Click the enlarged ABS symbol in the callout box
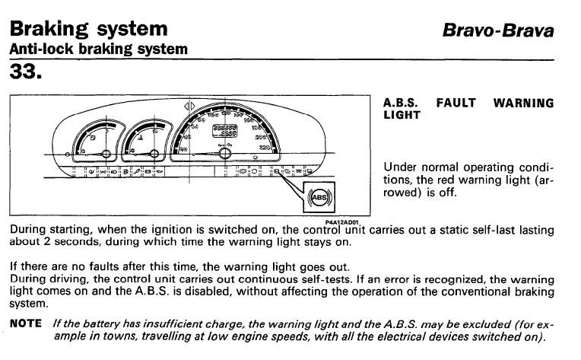point(319,197)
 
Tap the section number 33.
point(26,72)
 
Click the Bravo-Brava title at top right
point(498,30)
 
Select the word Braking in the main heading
point(49,29)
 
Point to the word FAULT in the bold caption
point(456,103)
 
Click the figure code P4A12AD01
point(342,222)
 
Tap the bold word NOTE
point(26,323)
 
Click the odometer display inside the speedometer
point(224,130)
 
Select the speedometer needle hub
point(224,153)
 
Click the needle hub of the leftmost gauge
point(106,154)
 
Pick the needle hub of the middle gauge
point(154,154)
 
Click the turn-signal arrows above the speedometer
point(189,107)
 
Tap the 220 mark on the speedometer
point(264,148)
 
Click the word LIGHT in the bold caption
point(402,115)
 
